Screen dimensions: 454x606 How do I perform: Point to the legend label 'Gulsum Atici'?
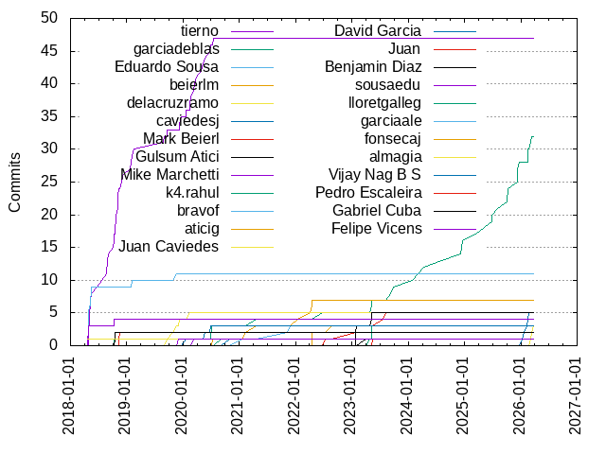pos(178,156)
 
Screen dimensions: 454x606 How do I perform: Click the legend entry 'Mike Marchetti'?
pos(170,174)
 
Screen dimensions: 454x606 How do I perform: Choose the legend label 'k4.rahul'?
pos(192,192)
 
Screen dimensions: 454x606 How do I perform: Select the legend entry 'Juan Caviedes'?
pos(169,246)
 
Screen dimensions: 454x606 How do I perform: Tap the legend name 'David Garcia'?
pos(378,30)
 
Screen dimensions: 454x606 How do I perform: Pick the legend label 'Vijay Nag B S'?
pos(375,174)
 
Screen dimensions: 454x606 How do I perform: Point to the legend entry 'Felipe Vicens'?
pos(377,228)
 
